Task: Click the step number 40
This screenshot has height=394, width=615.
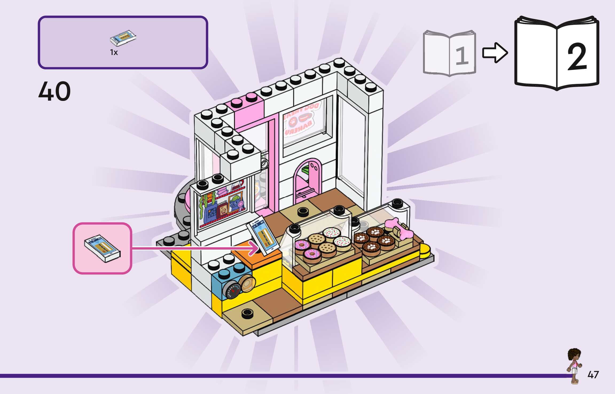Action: (54, 92)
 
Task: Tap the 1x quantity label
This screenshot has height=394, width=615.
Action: (114, 53)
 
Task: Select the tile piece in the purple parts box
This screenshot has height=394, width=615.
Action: (123, 38)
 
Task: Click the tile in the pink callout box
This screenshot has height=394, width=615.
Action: (103, 248)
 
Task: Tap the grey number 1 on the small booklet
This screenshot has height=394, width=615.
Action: (461, 56)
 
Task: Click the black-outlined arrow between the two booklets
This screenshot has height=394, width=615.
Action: (495, 53)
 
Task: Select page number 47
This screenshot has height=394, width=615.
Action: (593, 375)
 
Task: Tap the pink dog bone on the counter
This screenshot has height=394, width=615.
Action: (401, 230)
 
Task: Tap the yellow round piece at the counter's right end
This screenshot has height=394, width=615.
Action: (425, 251)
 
